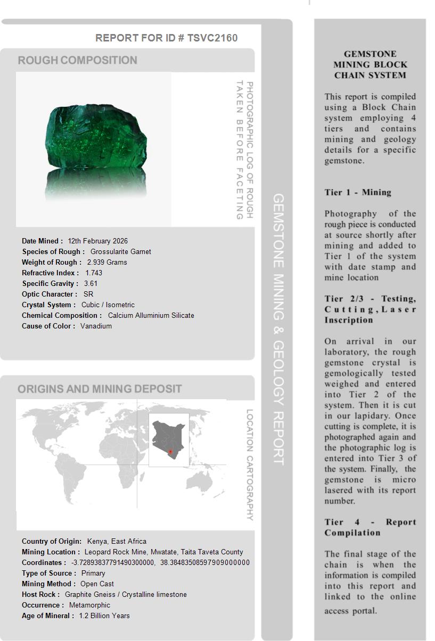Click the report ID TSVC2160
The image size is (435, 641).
click(212, 38)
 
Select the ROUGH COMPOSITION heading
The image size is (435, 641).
click(78, 60)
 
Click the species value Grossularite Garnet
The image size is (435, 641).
click(120, 251)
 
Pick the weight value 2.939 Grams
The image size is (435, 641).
click(106, 262)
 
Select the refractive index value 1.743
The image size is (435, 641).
click(94, 273)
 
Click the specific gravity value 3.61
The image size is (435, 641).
click(91, 283)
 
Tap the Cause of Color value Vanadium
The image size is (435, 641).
click(96, 326)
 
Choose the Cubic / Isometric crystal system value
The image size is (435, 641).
click(108, 305)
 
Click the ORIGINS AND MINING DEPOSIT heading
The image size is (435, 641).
click(100, 389)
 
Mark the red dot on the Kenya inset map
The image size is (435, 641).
click(170, 452)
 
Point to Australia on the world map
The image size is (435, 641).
click(204, 481)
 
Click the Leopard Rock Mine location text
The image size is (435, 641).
click(163, 552)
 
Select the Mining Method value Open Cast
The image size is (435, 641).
click(97, 584)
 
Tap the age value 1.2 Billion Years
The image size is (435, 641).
click(104, 615)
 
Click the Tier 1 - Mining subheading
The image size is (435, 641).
click(358, 192)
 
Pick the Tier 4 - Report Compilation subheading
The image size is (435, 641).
click(370, 527)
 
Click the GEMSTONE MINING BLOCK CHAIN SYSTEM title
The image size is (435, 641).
click(370, 65)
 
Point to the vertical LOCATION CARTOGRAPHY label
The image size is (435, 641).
click(249, 465)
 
